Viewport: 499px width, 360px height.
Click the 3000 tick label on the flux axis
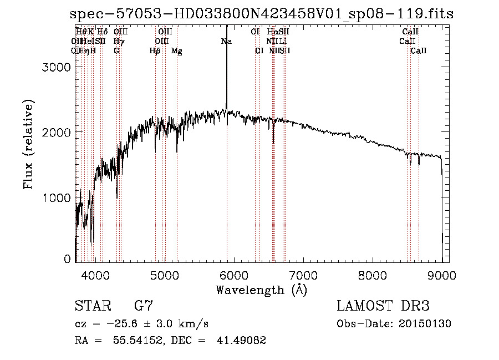pyautogui.click(x=56, y=67)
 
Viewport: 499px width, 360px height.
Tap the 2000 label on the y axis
pyautogui.click(x=56, y=132)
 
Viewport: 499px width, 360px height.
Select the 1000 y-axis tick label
pyautogui.click(x=56, y=197)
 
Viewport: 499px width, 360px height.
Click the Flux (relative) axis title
pyautogui.click(x=28, y=145)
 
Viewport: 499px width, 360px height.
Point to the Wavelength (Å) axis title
pyautogui.click(x=261, y=290)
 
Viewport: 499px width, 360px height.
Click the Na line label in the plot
pyautogui.click(x=226, y=41)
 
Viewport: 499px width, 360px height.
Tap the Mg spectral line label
pyautogui.click(x=177, y=51)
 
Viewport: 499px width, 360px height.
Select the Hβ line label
pyautogui.click(x=155, y=51)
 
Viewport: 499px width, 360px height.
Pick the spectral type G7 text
pyautogui.click(x=144, y=306)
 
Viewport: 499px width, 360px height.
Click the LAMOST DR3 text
pyautogui.click(x=383, y=306)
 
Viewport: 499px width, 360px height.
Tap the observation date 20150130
pyautogui.click(x=425, y=323)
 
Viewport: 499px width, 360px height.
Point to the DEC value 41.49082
pyautogui.click(x=241, y=341)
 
